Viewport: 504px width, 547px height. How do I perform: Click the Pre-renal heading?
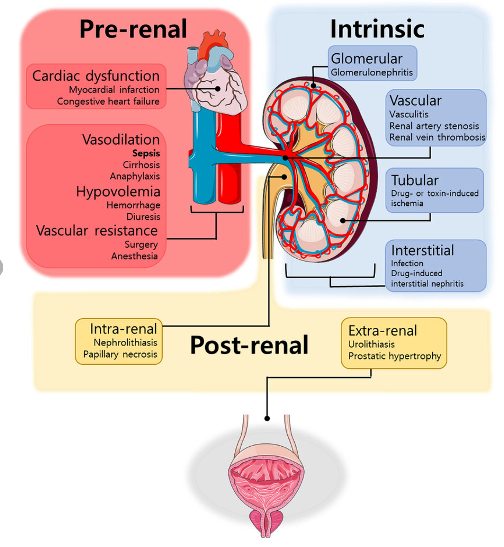(x=133, y=29)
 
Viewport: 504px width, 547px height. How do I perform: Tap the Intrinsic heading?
(x=377, y=29)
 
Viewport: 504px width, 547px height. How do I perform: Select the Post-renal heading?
(x=249, y=345)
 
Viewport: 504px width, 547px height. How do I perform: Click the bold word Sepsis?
(x=146, y=153)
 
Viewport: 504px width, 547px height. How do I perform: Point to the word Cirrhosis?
(x=141, y=165)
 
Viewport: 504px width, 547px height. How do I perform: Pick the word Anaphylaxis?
(x=135, y=176)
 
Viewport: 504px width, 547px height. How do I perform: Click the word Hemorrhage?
(x=133, y=205)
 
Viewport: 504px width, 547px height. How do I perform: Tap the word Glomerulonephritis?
(x=371, y=72)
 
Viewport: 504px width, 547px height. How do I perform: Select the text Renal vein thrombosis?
(x=437, y=137)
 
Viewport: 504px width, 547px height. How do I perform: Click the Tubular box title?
(x=415, y=180)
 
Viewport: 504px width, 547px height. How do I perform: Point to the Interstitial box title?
(x=422, y=251)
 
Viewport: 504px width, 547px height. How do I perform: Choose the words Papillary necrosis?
(x=120, y=354)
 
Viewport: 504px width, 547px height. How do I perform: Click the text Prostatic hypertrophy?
(x=394, y=356)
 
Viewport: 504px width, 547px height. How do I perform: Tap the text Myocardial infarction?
(x=114, y=90)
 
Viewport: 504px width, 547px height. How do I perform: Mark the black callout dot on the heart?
(x=218, y=89)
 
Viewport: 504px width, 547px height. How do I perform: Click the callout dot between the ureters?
(x=267, y=418)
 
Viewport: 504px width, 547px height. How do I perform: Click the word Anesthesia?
(x=134, y=256)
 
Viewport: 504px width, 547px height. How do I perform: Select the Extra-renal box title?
(x=382, y=331)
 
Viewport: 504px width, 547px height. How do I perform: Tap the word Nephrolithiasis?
(x=125, y=343)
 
